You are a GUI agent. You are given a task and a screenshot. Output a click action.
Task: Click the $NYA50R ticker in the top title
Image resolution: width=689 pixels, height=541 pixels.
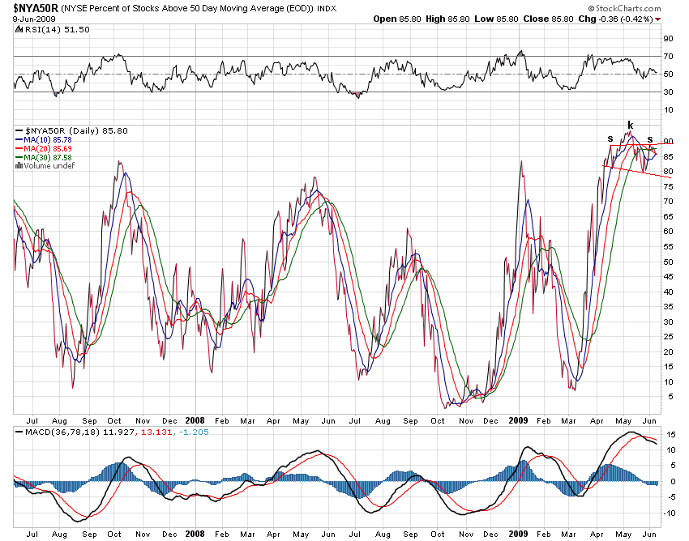34,7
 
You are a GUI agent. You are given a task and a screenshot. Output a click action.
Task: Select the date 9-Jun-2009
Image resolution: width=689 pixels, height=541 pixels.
30,19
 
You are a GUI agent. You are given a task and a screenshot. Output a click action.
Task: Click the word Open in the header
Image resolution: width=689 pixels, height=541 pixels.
385,19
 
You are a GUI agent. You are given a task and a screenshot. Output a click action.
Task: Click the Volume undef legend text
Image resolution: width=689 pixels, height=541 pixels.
49,166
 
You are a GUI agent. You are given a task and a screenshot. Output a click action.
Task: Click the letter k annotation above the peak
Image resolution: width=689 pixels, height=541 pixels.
630,125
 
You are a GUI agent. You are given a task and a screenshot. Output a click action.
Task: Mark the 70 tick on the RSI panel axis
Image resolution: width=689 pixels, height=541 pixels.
668,56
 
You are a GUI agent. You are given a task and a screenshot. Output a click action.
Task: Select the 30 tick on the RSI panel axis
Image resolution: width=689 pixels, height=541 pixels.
668,92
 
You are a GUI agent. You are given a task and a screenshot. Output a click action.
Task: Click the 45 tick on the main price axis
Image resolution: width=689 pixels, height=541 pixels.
668,277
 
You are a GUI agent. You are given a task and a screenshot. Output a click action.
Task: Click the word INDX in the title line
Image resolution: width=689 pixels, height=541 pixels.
327,8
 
